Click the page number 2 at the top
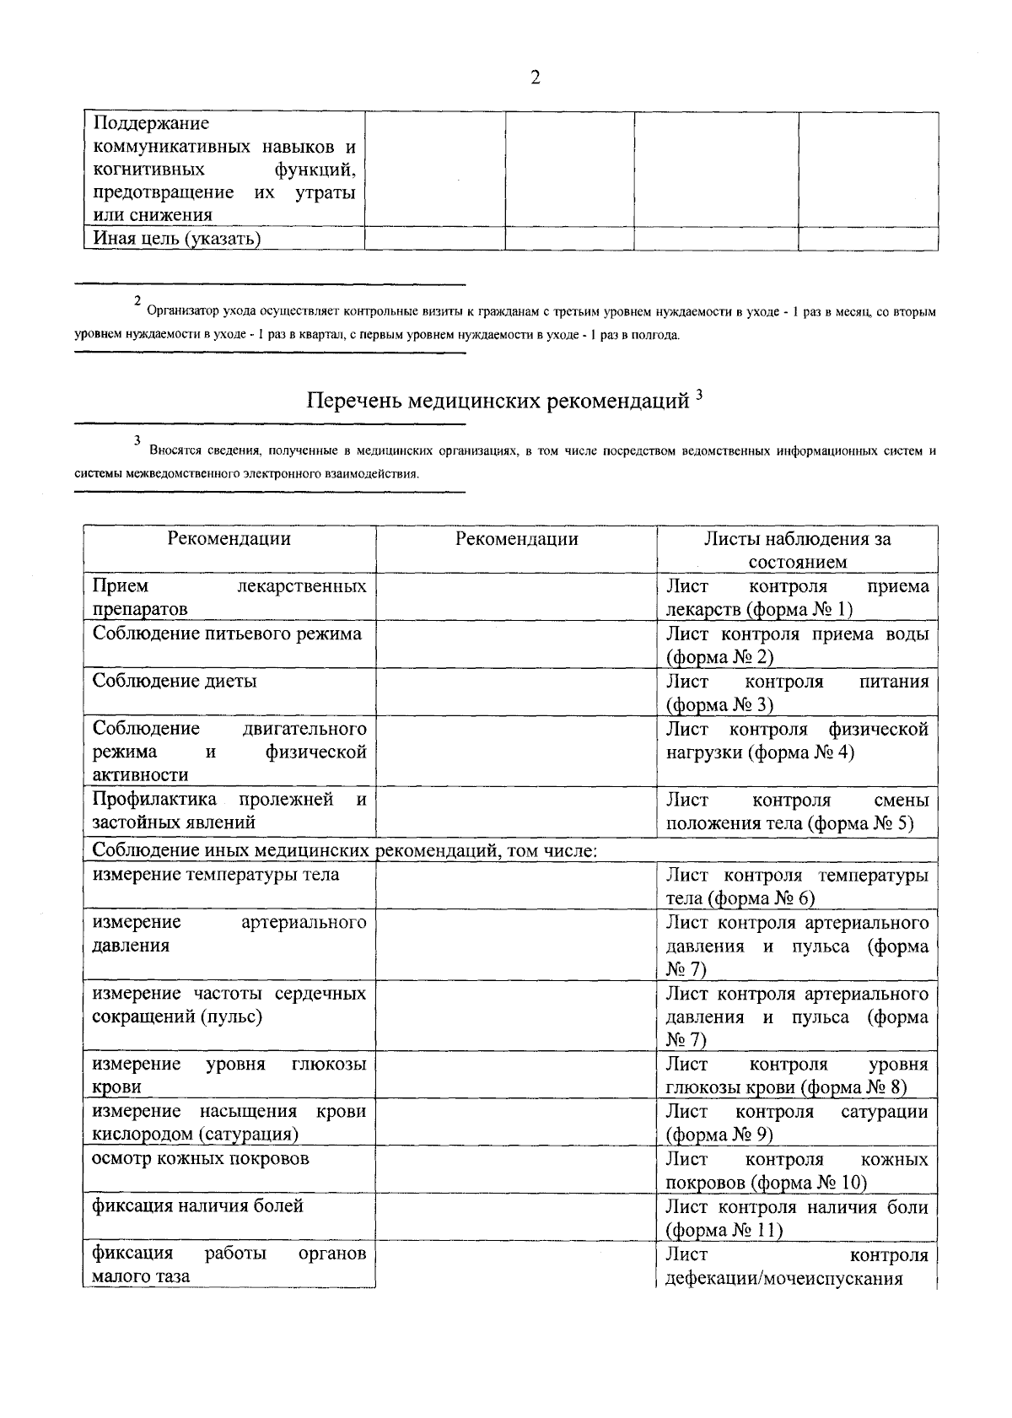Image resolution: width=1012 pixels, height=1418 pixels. [535, 78]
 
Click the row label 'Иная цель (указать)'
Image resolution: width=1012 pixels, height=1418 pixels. [176, 239]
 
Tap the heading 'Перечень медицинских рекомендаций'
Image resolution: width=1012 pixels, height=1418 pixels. [498, 401]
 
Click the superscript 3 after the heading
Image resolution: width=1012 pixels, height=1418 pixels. [699, 394]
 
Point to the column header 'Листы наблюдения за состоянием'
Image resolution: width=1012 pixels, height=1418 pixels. [797, 550]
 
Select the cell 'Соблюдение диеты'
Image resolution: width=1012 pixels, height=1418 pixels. [175, 681]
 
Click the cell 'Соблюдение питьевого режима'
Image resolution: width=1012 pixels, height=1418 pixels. [227, 634]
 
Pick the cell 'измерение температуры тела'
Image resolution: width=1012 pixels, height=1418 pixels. [216, 875]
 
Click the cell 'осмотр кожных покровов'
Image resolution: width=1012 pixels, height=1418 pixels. [201, 1158]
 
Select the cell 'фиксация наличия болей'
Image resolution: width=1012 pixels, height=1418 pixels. [197, 1205]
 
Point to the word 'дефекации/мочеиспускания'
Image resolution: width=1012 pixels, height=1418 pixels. [784, 1278]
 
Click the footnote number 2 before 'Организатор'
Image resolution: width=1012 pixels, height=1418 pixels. [137, 301]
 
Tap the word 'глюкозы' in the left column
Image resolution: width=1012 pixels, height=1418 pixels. [329, 1064]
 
